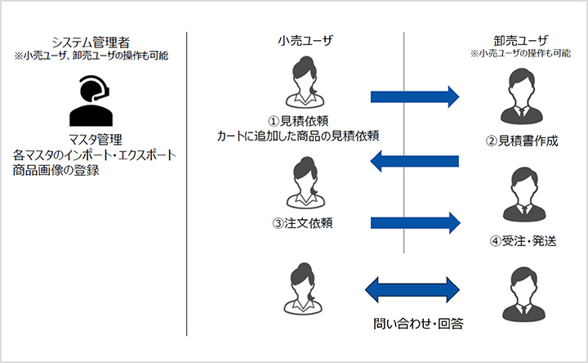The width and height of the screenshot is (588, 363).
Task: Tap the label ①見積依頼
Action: (299, 120)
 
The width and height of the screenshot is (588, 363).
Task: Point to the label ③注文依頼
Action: (300, 222)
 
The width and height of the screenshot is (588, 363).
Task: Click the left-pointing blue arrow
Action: (413, 163)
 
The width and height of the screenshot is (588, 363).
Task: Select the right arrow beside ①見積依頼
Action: (415, 96)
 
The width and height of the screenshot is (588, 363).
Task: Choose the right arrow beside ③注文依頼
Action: (415, 222)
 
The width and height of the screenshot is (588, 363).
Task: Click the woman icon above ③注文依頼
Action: (300, 184)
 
